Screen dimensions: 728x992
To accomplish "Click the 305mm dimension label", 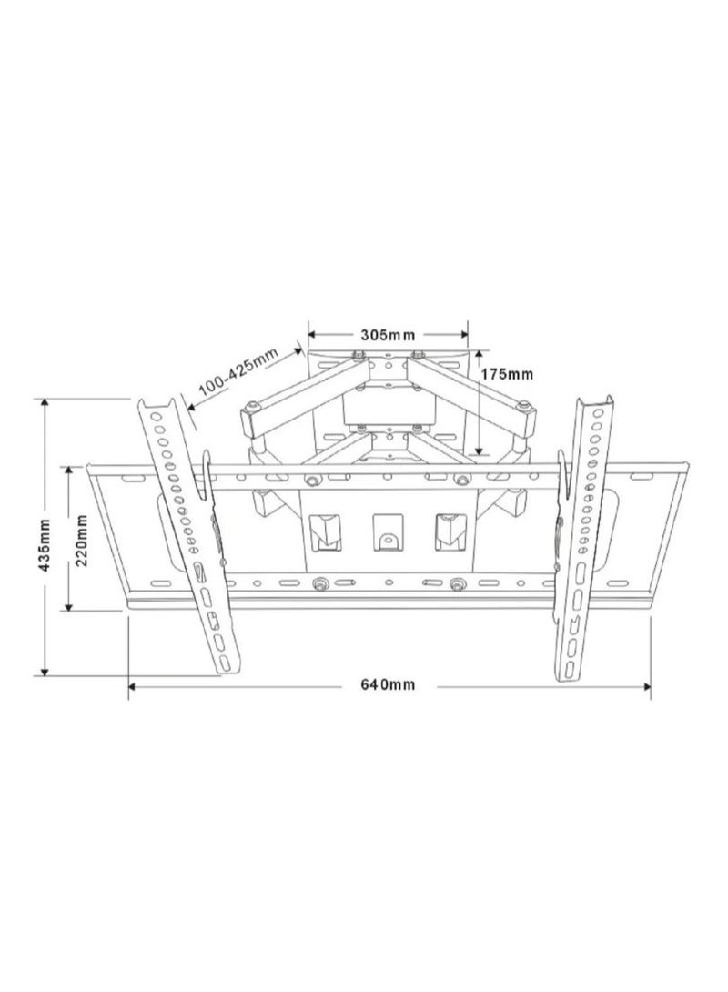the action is [388, 334].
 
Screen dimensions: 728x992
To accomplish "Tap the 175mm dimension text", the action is [507, 374].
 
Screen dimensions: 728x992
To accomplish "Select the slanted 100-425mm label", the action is [239, 376].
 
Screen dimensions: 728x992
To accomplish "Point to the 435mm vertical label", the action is [45, 545].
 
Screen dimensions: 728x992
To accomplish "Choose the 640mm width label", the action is [389, 684].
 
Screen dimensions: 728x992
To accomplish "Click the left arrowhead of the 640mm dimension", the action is [134, 686].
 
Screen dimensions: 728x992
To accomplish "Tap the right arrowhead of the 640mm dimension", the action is [646, 686].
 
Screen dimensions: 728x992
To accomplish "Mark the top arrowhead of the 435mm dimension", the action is [45, 404].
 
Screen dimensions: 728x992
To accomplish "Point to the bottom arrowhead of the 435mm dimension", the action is [45, 669].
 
